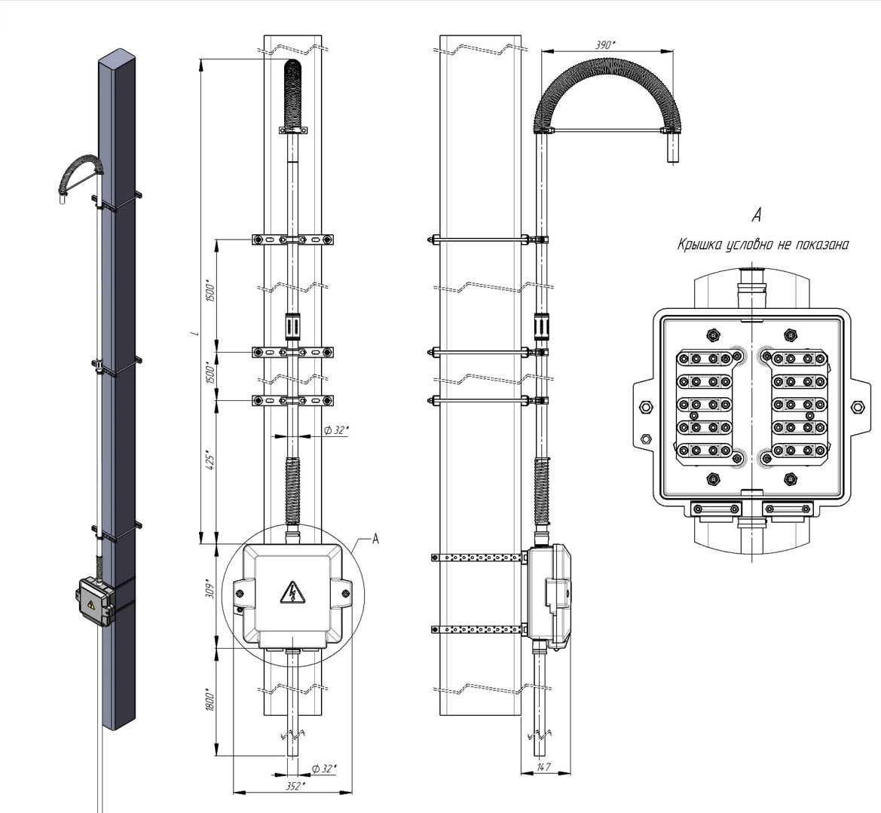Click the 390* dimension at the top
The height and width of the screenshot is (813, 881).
click(x=604, y=44)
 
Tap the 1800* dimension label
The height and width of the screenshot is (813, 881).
click(x=211, y=701)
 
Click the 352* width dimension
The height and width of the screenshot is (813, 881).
click(x=295, y=786)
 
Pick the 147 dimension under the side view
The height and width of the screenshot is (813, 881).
click(x=544, y=767)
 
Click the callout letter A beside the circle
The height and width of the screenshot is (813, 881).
click(x=375, y=539)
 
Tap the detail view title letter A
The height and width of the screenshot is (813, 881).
click(x=757, y=215)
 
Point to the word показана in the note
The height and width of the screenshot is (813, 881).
click(x=824, y=245)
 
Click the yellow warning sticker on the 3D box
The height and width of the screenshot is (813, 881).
click(x=90, y=604)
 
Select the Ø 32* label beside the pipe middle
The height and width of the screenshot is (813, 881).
click(x=332, y=430)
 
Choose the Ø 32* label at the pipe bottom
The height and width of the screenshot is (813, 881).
click(x=325, y=768)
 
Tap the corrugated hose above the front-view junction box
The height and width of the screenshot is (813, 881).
click(x=292, y=490)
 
